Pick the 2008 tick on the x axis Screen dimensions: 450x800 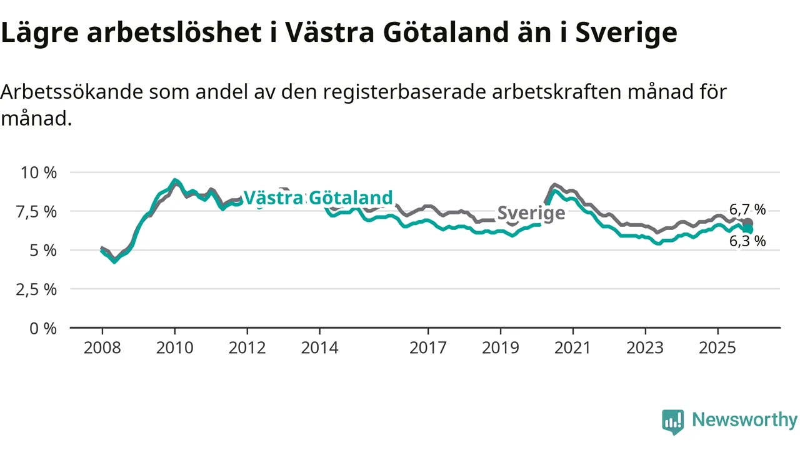(102, 347)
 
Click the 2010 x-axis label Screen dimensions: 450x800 (174, 347)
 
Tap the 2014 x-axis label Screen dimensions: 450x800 (319, 347)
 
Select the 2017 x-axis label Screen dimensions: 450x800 (428, 347)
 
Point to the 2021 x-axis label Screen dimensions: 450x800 (573, 347)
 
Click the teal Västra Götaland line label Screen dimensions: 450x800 (318, 198)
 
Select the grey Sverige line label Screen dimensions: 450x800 (531, 213)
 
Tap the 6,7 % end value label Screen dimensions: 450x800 (747, 209)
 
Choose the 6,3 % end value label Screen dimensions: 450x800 (747, 241)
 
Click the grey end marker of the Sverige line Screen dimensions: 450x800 (748, 222)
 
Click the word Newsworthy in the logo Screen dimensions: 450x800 (744, 420)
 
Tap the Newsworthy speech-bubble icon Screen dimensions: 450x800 (673, 422)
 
